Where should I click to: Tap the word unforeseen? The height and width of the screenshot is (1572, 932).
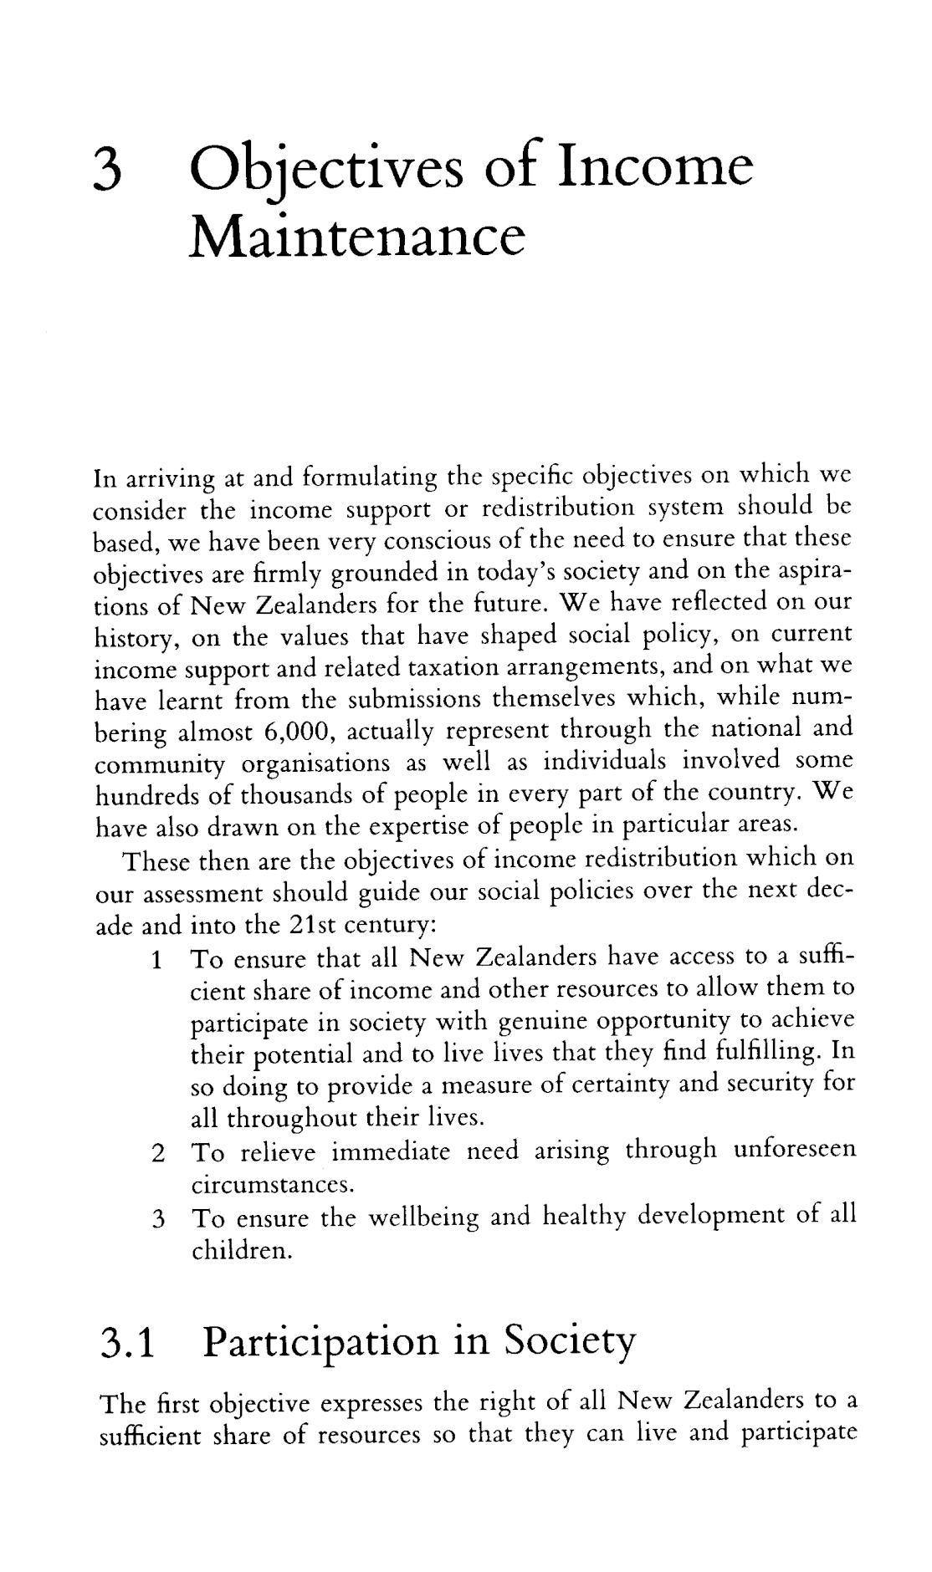click(x=795, y=1150)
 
